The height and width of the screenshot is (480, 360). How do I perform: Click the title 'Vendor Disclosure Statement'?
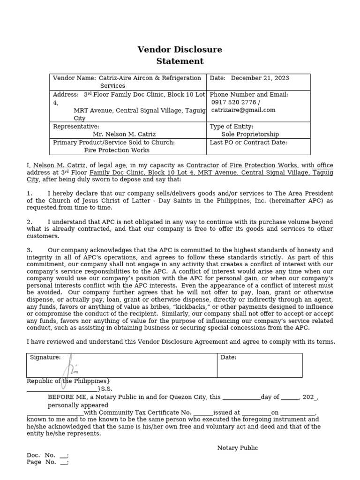tap(180, 55)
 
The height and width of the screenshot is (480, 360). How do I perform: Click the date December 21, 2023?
tap(260, 78)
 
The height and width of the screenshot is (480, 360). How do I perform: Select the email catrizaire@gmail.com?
tap(243, 110)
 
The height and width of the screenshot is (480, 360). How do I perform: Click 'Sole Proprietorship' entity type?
tap(250, 134)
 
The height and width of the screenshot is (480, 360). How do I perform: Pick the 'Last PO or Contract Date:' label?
tap(248, 142)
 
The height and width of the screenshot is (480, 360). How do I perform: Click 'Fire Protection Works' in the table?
tap(117, 150)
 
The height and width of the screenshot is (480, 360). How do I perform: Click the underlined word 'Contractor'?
tap(202, 165)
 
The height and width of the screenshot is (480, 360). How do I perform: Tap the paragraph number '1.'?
tap(30, 194)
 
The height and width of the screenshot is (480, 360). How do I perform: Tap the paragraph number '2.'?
tap(30, 222)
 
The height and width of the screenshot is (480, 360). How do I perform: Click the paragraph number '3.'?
tap(30, 250)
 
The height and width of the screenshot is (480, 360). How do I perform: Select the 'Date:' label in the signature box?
tap(228, 358)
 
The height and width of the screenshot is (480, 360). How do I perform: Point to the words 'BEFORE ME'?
tap(65, 397)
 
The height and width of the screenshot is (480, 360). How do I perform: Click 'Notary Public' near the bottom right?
tap(237, 448)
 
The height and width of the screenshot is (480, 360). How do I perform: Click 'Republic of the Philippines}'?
tap(68, 381)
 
